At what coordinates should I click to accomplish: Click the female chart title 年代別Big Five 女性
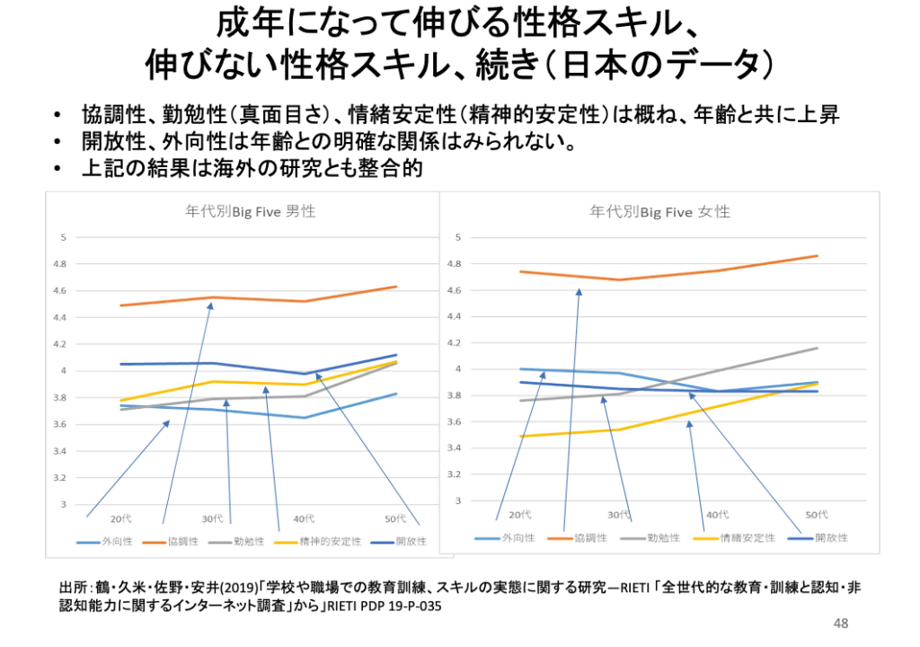659,212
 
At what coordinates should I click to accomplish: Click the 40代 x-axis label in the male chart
304,518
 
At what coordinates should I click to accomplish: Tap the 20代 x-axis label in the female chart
519,515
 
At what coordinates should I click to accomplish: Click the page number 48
841,624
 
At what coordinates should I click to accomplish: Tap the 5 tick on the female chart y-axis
458,237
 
